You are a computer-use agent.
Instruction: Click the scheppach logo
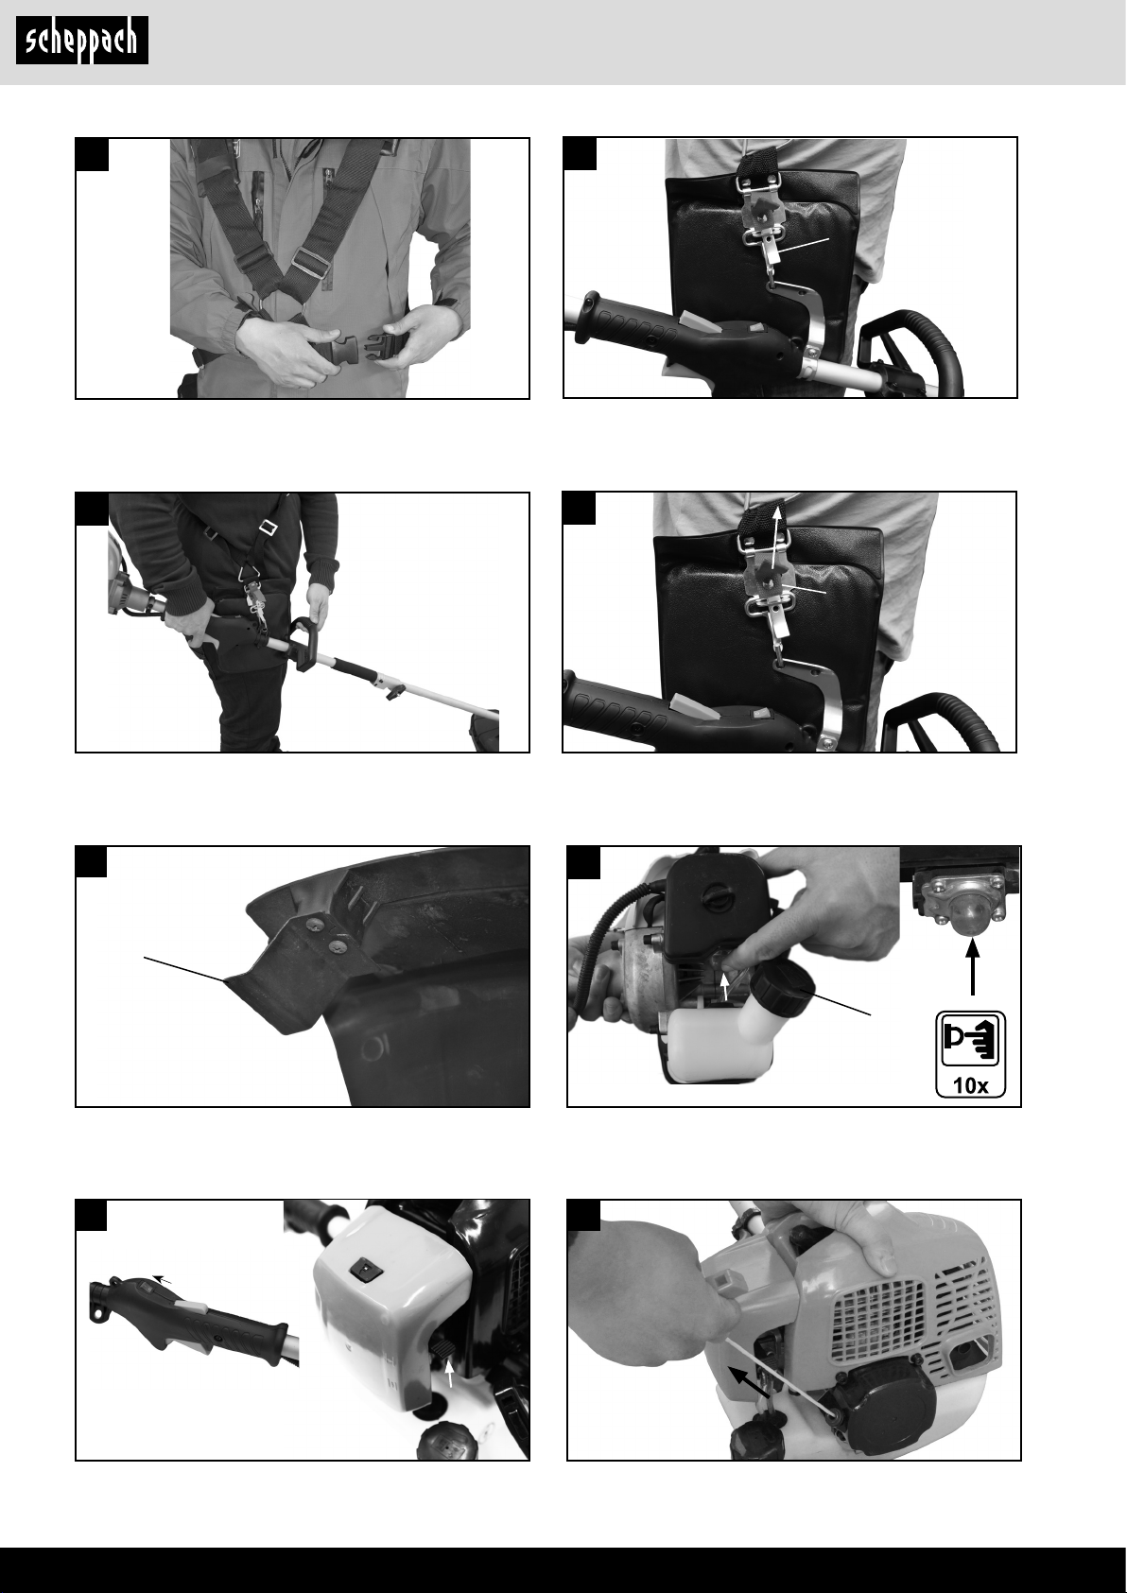pos(82,41)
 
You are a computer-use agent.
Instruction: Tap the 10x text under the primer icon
pos(971,1085)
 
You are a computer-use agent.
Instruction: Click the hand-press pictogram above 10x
pos(971,1040)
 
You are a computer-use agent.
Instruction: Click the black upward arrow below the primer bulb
pos(973,967)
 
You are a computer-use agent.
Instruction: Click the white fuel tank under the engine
pos(707,1041)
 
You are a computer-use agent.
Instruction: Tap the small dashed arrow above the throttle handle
pos(162,1279)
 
